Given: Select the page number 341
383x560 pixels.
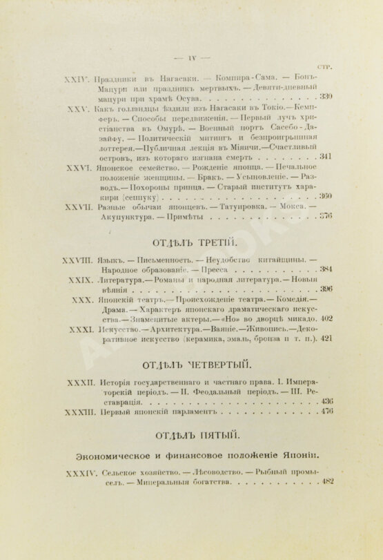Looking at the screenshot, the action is pos(326,157).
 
